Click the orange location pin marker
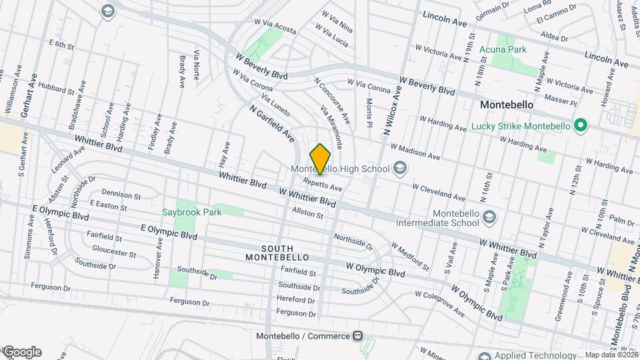click(x=321, y=159)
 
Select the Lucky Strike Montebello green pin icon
click(x=580, y=125)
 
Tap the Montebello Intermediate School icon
click(x=490, y=217)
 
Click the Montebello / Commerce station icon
click(x=358, y=336)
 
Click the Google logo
click(x=21, y=352)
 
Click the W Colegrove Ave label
click(x=439, y=303)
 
